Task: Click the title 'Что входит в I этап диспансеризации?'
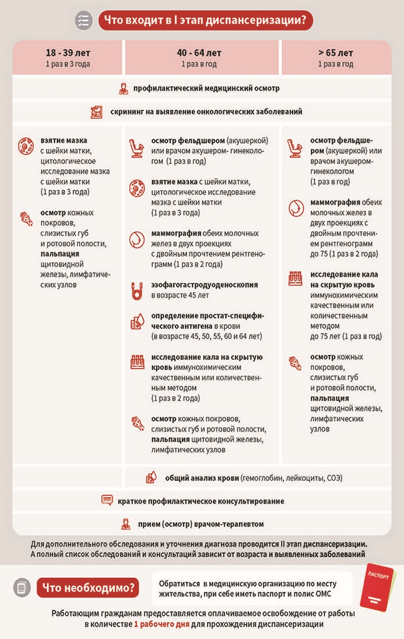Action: (x=205, y=21)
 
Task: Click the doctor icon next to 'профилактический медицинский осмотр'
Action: (x=123, y=88)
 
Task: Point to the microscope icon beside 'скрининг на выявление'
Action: (x=96, y=112)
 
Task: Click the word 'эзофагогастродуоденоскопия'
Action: (x=204, y=285)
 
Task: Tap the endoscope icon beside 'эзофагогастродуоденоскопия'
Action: (x=136, y=290)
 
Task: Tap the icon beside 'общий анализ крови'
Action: (x=151, y=478)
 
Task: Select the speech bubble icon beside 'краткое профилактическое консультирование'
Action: (x=107, y=500)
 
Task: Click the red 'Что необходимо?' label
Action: (x=88, y=586)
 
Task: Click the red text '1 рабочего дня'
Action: (x=160, y=625)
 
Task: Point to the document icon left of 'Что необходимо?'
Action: (x=21, y=587)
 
